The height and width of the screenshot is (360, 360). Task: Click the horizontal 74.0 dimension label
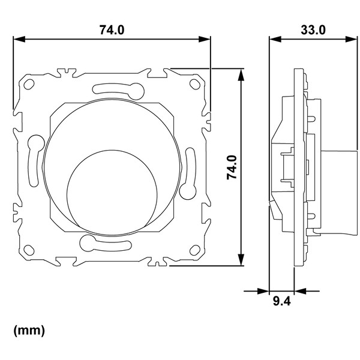click(x=112, y=30)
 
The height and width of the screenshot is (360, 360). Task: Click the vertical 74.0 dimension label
click(x=232, y=167)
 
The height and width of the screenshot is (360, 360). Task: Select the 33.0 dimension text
click(x=313, y=30)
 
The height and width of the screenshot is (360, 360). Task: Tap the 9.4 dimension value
click(x=282, y=301)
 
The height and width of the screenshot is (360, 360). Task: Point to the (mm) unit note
click(x=29, y=331)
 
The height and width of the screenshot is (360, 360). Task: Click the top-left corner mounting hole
click(x=29, y=84)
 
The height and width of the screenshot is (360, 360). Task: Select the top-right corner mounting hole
click(x=194, y=84)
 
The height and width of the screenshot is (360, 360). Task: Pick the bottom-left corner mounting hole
click(x=29, y=250)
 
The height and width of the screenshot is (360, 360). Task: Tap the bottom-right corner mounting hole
click(x=195, y=250)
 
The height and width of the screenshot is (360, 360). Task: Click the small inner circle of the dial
click(x=112, y=193)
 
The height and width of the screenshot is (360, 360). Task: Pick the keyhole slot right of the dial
click(x=188, y=173)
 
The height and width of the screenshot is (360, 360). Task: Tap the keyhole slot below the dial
click(x=106, y=243)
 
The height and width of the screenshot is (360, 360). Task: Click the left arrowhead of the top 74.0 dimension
click(x=19, y=39)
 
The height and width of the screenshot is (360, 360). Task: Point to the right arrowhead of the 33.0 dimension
click(x=351, y=39)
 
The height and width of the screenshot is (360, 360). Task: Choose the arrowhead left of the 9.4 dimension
click(x=263, y=291)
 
